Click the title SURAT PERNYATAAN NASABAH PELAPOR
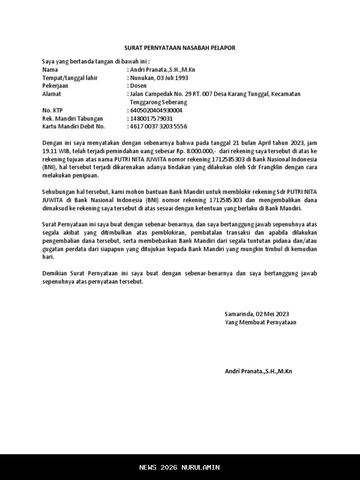180,48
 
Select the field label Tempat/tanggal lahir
70,78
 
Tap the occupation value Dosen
138,86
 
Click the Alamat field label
52,94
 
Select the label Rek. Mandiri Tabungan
73,119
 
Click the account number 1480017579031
151,119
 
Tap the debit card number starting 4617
158,127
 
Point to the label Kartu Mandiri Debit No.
74,127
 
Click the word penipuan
85,175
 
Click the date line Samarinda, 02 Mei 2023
257,314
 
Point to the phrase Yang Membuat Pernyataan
261,322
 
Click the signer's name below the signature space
258,371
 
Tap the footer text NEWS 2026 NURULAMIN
180,467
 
